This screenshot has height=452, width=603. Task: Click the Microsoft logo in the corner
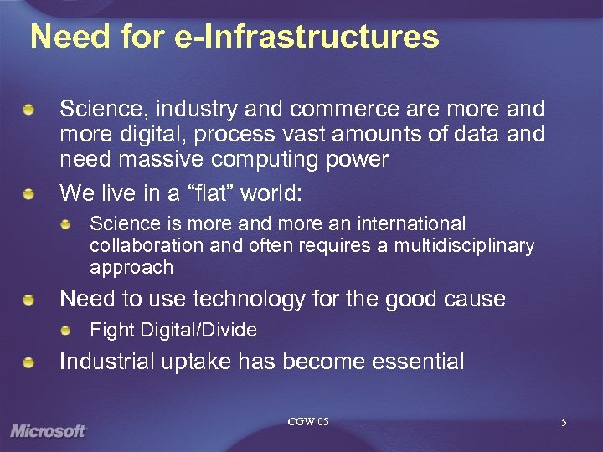click(x=49, y=431)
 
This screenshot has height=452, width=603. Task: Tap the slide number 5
click(x=564, y=424)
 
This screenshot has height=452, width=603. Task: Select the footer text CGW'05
click(x=308, y=421)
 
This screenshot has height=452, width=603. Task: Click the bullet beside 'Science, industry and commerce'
click(x=30, y=110)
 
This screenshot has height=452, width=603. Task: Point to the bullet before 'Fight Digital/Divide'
click(x=65, y=330)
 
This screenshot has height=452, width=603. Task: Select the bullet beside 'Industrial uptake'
click(x=30, y=362)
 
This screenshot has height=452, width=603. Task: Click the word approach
click(x=131, y=268)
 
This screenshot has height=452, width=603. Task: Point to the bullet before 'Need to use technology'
click(x=30, y=300)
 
